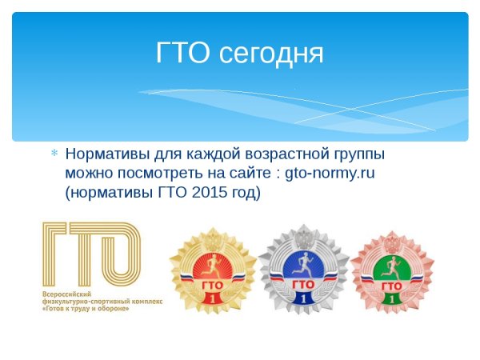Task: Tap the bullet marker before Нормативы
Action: [54, 153]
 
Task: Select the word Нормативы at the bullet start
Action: [105, 153]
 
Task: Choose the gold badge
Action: [213, 270]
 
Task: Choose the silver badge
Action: [303, 270]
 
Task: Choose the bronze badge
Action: [392, 270]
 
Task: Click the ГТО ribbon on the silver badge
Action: [303, 284]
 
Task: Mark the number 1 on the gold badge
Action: [213, 298]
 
